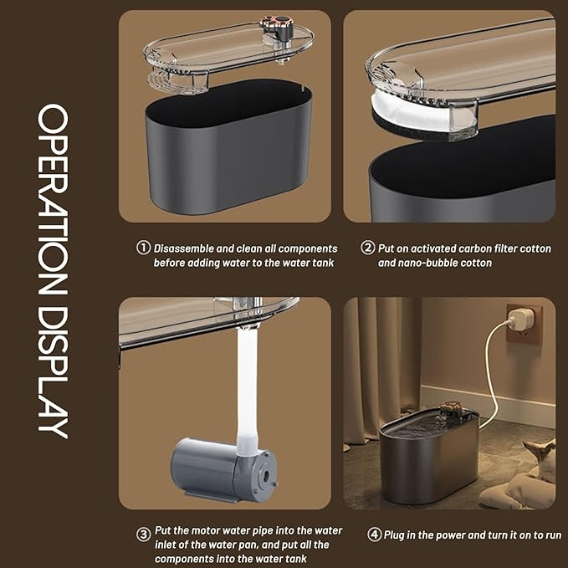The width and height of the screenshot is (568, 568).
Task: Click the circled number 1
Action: tap(143, 248)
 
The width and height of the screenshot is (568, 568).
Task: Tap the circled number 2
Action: tap(367, 248)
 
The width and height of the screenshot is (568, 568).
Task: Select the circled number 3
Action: tap(143, 535)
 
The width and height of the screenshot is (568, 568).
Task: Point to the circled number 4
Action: tap(374, 535)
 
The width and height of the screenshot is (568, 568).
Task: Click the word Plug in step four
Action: tap(395, 535)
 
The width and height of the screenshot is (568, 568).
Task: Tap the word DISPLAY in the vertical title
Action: tap(53, 373)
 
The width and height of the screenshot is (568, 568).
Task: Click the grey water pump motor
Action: tap(224, 469)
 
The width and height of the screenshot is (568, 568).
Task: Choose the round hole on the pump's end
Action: tap(266, 474)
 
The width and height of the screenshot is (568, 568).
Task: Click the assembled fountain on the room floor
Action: tap(430, 453)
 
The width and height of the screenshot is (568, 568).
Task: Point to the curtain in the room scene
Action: tap(381, 370)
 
